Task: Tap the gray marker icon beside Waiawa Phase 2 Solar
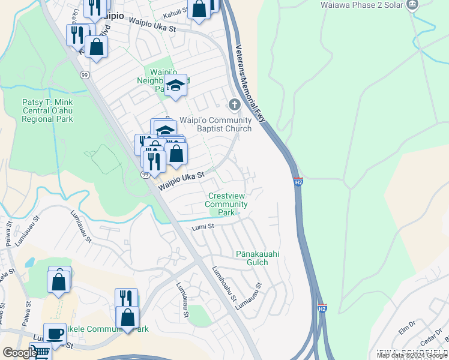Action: pyautogui.click(x=412, y=5)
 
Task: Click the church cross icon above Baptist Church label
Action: pyautogui.click(x=234, y=105)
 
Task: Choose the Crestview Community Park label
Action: pyautogui.click(x=226, y=205)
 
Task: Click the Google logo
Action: pyautogui.click(x=19, y=353)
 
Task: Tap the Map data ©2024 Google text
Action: pyautogui.click(x=412, y=355)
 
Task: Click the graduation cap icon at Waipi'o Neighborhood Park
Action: pyautogui.click(x=175, y=85)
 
